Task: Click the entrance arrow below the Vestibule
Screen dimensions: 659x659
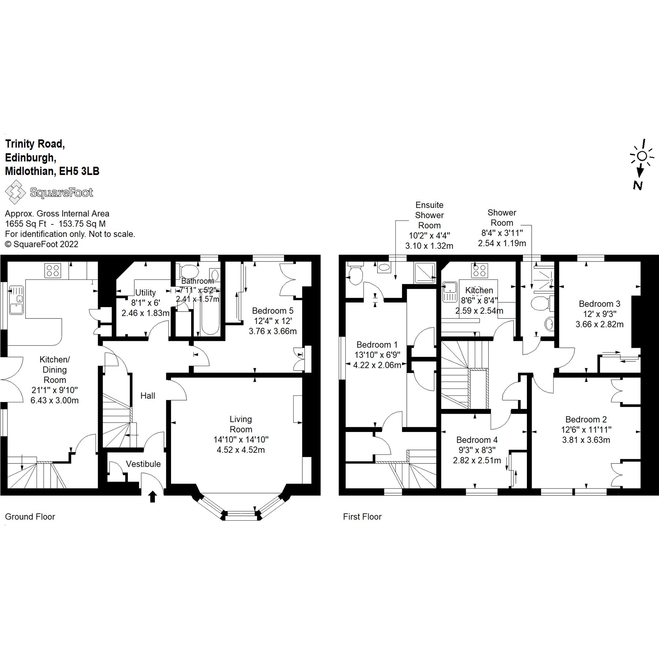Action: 153,497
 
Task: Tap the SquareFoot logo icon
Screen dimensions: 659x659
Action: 15,192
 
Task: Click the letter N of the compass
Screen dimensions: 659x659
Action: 638,186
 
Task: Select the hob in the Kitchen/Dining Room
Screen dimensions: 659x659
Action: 52,271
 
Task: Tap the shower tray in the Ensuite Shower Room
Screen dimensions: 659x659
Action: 425,272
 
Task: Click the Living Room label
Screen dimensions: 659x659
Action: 241,424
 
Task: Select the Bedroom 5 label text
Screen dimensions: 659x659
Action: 272,311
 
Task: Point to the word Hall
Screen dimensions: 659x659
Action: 148,396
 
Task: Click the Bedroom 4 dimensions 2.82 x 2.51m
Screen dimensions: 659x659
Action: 477,460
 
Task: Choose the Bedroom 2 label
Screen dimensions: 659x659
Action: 586,420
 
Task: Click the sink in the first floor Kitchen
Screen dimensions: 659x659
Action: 449,291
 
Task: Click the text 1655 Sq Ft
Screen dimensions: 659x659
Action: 26,224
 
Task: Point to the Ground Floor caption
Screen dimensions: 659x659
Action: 30,517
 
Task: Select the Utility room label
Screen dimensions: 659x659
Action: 145,293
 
